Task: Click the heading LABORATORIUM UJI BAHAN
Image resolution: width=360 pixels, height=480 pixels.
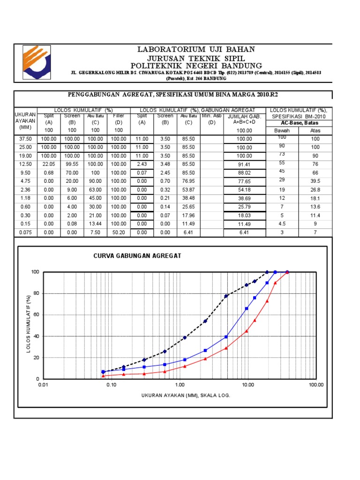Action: [x=196, y=49]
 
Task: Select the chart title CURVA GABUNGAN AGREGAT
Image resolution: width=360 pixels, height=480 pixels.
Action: [x=137, y=255]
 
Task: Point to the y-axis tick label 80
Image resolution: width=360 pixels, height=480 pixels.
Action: [x=35, y=293]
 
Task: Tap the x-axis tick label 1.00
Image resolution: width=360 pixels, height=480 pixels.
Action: [x=180, y=385]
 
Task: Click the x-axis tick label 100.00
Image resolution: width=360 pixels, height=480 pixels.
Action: [x=316, y=385]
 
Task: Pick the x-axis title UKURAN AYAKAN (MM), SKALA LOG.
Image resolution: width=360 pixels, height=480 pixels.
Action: [x=186, y=395]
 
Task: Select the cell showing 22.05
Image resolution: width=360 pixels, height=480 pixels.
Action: [x=49, y=164]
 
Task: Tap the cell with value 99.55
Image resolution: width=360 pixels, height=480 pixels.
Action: [x=72, y=164]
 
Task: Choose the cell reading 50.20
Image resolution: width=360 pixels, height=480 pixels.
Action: [x=119, y=232]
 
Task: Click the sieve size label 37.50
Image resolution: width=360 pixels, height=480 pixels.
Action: [x=25, y=139]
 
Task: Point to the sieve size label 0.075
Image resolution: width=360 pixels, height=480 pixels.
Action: [x=25, y=232]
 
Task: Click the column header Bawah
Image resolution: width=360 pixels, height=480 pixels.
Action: [x=282, y=130]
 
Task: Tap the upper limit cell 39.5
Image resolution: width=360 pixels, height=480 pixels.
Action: [x=315, y=181]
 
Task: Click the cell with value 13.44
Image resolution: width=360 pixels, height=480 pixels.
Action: [x=95, y=224]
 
